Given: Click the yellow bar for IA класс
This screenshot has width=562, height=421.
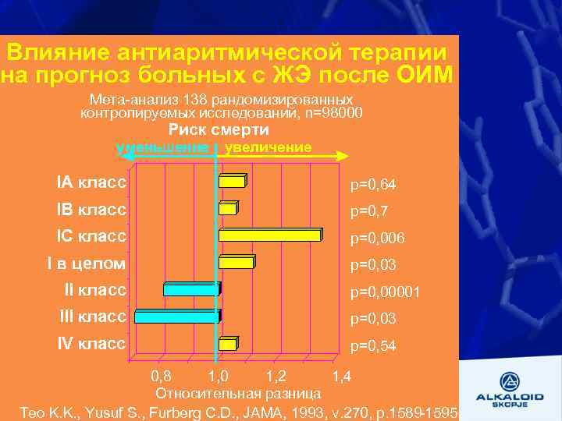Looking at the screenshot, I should pos(232,182).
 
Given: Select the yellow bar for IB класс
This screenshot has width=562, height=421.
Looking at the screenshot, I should pos(228,208).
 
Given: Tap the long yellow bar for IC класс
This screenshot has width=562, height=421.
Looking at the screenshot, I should pos(269,235).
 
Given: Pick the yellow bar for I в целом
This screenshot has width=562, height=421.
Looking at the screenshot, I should pos(236,263).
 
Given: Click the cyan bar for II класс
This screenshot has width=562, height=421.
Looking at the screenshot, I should pos(191,289).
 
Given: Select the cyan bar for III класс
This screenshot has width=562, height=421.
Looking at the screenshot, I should pos(177,316).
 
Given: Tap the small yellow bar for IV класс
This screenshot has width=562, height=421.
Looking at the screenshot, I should pos(228,344).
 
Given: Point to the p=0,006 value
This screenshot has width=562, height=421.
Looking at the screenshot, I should pos(378,238).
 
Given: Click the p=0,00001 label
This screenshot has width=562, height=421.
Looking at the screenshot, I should pos(386,292).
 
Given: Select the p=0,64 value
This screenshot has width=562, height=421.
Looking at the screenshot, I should pos(373,185).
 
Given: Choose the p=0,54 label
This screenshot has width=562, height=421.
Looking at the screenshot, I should pos(373,345).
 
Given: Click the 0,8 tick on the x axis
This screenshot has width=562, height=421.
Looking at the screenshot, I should pos(160,377).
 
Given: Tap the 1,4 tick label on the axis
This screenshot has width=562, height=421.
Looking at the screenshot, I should pos(341,377).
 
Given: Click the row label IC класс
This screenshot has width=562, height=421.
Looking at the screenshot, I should pos(91,235).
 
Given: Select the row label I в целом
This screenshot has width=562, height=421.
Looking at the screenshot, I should pos(86,263).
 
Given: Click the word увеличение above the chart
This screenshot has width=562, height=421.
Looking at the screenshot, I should pos(268,147).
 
